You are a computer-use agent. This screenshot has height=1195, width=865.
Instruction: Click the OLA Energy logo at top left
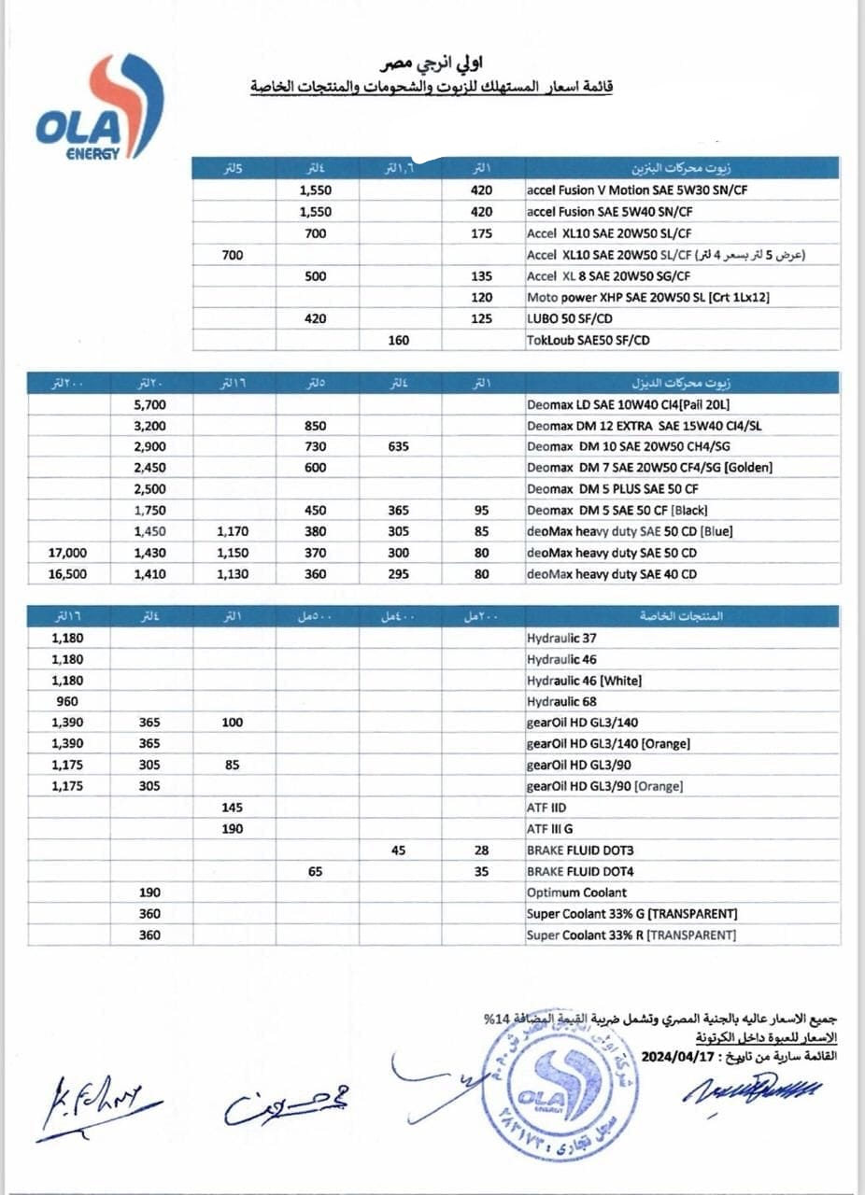click(97, 107)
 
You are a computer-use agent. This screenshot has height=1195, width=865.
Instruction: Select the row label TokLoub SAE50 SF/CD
click(588, 341)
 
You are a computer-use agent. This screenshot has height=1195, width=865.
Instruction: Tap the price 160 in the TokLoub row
click(399, 341)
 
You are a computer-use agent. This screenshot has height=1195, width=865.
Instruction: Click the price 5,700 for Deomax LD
click(150, 404)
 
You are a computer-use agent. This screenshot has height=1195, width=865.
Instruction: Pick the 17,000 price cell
click(67, 553)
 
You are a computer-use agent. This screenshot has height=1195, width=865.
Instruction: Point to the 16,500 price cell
click(67, 574)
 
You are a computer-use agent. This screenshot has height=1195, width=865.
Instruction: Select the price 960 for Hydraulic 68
click(67, 701)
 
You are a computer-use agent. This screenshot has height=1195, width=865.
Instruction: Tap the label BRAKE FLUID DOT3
click(580, 851)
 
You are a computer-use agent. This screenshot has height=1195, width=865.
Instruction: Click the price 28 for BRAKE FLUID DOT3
click(482, 851)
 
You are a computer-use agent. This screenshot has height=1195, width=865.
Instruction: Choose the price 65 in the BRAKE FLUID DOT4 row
click(316, 871)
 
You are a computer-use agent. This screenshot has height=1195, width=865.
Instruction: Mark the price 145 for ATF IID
click(233, 808)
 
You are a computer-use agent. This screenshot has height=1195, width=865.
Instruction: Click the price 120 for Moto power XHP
click(482, 298)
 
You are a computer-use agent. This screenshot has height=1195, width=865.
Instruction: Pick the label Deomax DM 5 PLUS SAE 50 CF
click(612, 489)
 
